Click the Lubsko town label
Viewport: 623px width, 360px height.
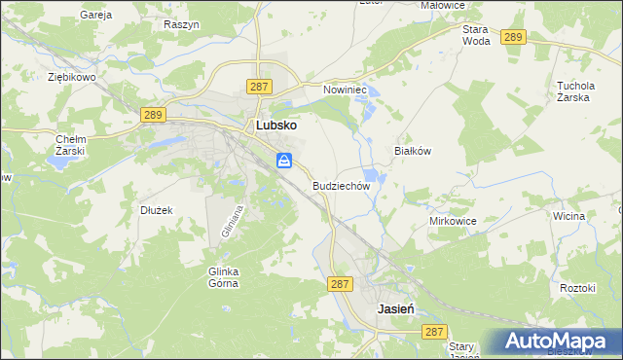(276, 126)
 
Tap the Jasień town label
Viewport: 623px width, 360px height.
(396, 308)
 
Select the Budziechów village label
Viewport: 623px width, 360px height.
(342, 185)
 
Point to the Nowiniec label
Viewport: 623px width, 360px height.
(343, 90)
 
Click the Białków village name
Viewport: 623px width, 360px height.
(411, 151)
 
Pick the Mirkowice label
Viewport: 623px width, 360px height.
(453, 221)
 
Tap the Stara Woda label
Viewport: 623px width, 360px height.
(476, 35)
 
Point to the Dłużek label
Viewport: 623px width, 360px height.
(156, 209)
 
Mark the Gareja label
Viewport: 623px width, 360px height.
(96, 16)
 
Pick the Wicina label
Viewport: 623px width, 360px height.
(568, 216)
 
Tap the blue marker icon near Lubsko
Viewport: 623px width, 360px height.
(284, 161)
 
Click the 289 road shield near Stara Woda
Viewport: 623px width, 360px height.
(514, 37)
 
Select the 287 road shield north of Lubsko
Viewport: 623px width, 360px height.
(259, 87)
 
